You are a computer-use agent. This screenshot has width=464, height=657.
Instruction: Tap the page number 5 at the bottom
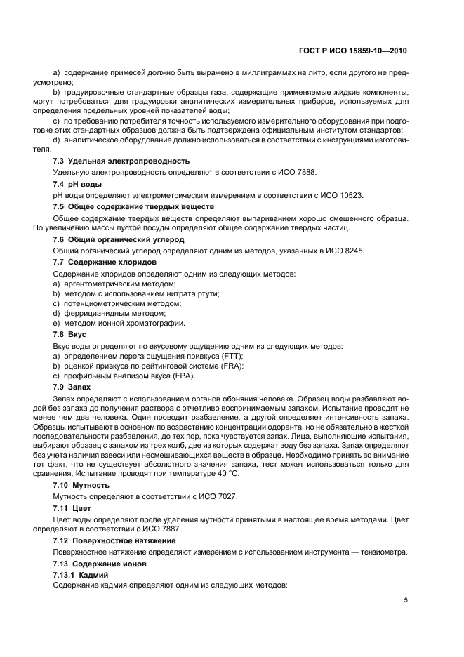[x=406, y=600]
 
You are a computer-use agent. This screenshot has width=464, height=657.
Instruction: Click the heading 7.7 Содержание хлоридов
[x=105, y=262]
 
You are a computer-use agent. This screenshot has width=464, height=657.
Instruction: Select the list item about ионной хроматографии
[x=119, y=323]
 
